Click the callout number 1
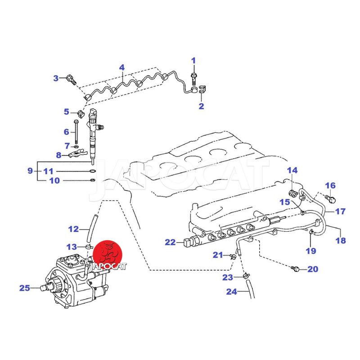pos(194,61)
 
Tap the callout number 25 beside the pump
pos(25,288)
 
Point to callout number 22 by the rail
pos(170,243)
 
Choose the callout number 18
pos(341,241)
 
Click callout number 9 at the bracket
pos(30,171)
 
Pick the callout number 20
pos(312,270)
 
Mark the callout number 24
pos(231,292)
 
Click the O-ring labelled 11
pos(92,171)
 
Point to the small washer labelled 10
pos(92,181)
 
